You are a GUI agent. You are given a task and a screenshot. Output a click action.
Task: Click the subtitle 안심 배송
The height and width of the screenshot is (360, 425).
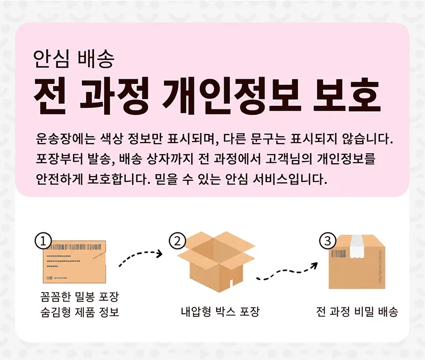[73, 58]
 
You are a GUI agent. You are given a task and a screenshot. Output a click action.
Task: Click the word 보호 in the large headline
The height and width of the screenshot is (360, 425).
[347, 96]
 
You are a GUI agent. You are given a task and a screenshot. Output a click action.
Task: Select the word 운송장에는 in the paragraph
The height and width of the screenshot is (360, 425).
[65, 139]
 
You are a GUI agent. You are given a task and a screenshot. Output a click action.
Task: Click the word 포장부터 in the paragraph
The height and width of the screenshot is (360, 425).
[59, 159]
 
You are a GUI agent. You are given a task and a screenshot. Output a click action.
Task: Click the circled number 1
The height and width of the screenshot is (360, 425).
[43, 242]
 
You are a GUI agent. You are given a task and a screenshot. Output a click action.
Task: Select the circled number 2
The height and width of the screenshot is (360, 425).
[177, 241]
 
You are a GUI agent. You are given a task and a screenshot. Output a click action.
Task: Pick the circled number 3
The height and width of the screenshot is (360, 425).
[327, 241]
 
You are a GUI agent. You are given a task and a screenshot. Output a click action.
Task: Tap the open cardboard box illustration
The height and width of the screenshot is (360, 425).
[216, 262]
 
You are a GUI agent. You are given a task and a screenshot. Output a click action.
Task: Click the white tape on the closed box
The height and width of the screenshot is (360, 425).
[358, 247]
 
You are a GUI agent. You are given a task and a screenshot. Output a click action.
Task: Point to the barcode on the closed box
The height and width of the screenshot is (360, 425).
[339, 254]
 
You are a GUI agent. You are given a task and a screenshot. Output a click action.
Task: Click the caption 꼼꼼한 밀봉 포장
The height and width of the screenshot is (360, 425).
[79, 296]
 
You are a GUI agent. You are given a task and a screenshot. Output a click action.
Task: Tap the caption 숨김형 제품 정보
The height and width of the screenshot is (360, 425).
[79, 312]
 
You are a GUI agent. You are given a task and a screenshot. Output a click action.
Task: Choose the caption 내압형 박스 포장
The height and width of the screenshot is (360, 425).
[220, 312]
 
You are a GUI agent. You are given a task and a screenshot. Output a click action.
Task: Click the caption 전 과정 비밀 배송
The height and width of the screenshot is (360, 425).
[357, 312]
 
